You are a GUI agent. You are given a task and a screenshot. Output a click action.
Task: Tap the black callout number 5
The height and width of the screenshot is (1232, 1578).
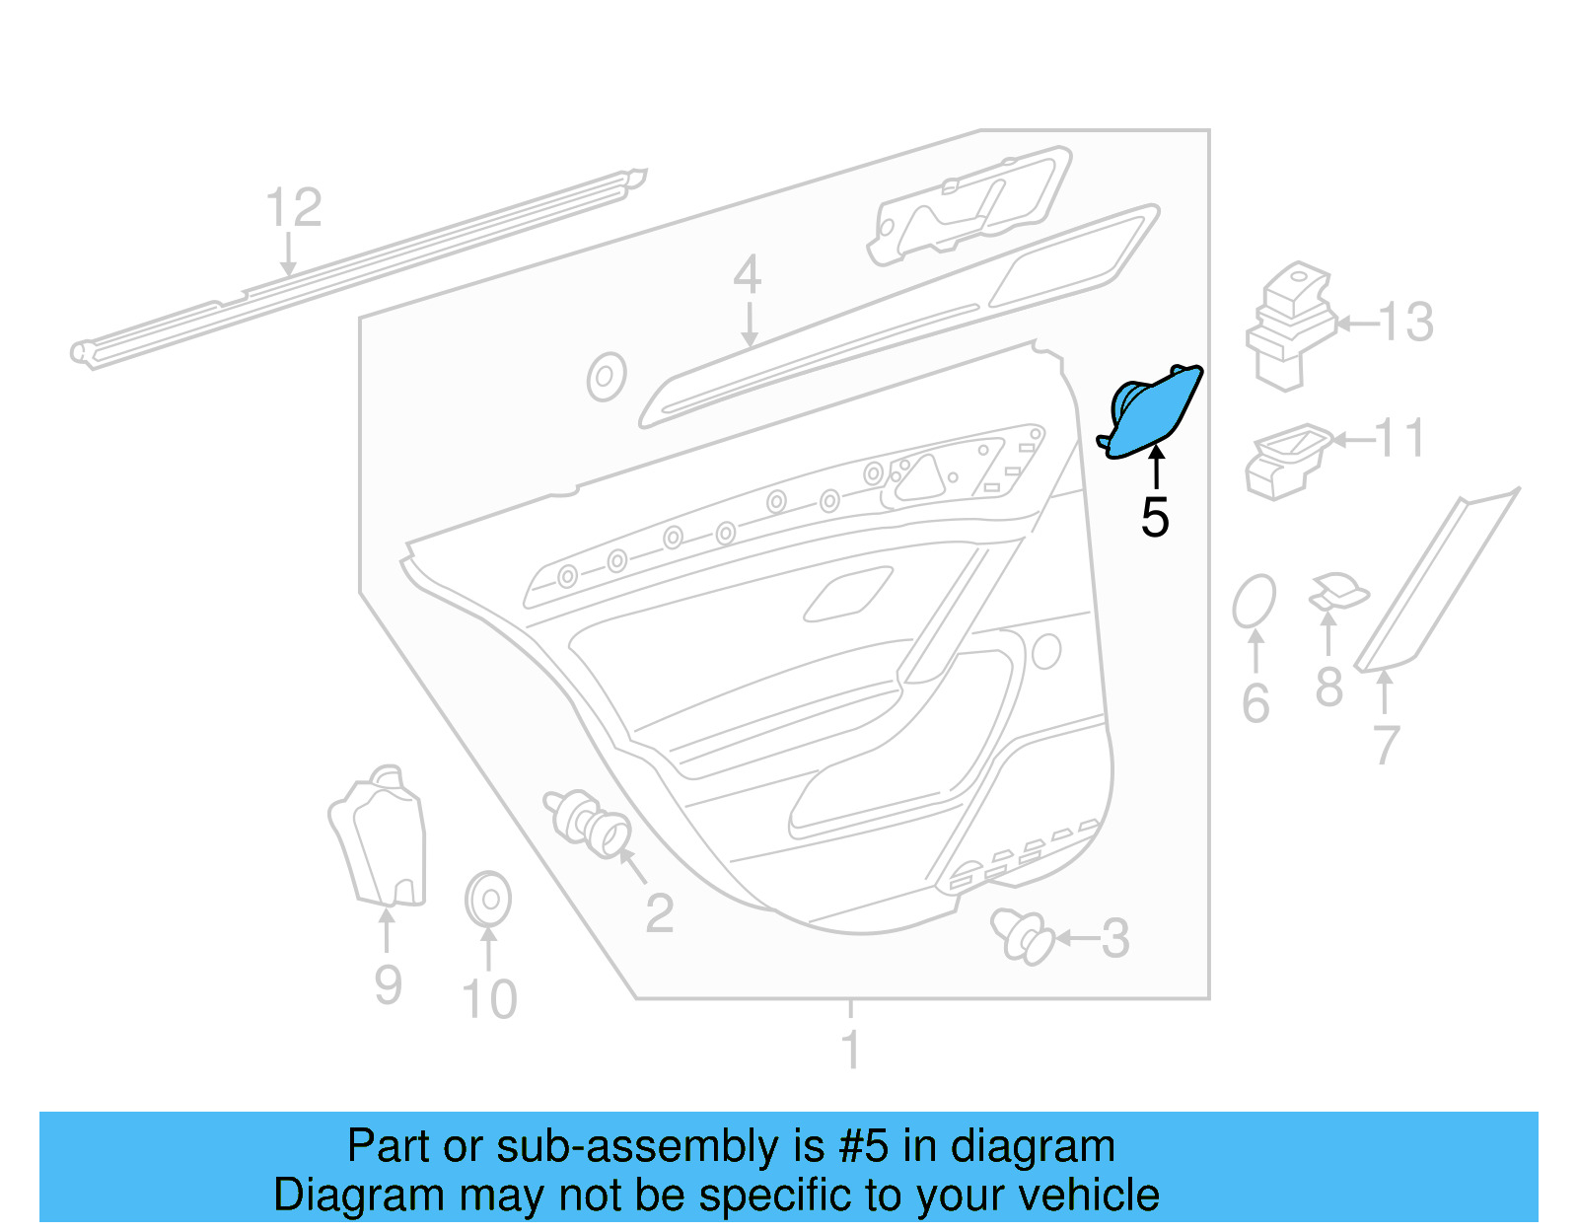pyautogui.click(x=1155, y=518)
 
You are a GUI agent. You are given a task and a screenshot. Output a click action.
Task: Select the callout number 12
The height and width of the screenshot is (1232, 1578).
pyautogui.click(x=293, y=208)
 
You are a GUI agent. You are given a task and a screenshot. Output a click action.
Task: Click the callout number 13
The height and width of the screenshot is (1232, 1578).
pyautogui.click(x=1405, y=323)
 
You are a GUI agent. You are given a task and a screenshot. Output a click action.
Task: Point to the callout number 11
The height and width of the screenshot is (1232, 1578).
pyautogui.click(x=1399, y=438)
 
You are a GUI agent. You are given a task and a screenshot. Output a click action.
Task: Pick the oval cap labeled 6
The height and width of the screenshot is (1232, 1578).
pyautogui.click(x=1254, y=601)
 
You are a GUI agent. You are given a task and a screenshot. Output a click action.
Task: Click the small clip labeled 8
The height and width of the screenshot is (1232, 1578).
pyautogui.click(x=1338, y=593)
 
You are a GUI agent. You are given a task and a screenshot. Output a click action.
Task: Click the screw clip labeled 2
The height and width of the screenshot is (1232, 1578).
pyautogui.click(x=588, y=821)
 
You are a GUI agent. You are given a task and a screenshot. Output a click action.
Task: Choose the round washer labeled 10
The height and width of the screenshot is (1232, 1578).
pyautogui.click(x=487, y=899)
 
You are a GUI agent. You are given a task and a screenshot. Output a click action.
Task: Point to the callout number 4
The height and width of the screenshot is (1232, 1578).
pyautogui.click(x=747, y=275)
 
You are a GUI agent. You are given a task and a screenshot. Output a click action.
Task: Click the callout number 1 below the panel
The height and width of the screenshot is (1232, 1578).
pyautogui.click(x=850, y=1050)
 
